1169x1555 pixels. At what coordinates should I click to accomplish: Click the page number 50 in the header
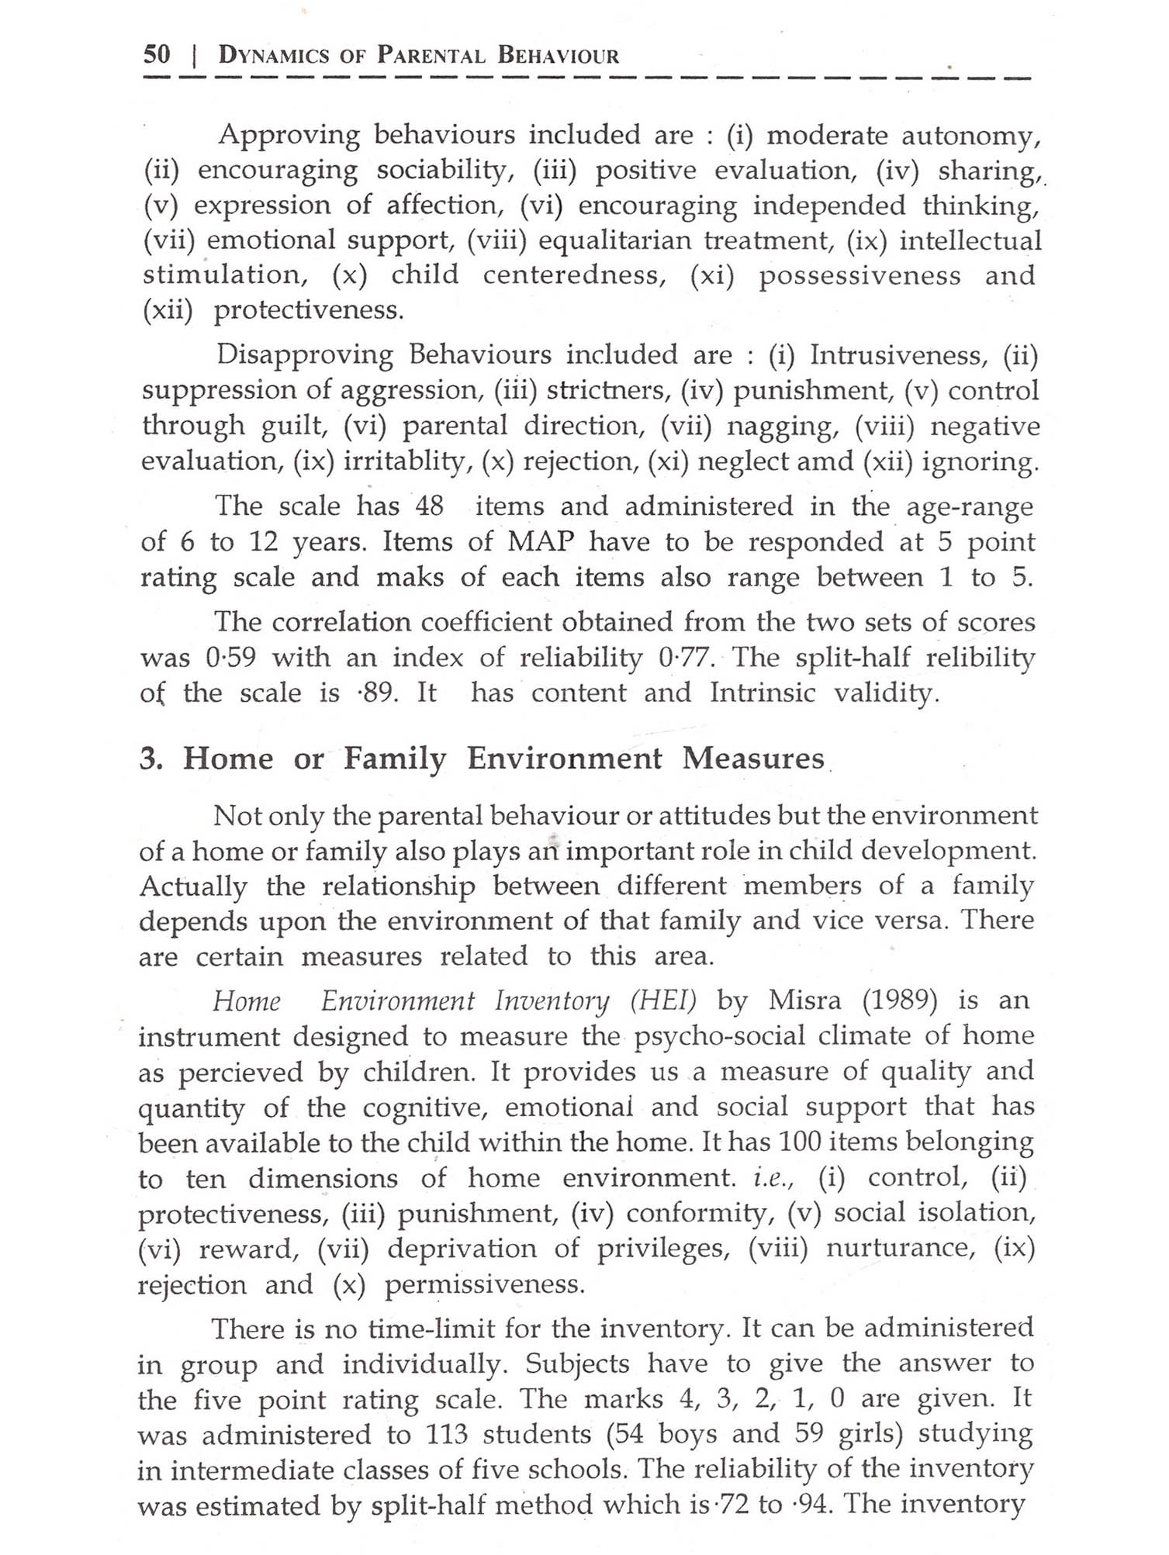pos(157,54)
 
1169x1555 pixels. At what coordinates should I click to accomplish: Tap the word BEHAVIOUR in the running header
pos(559,56)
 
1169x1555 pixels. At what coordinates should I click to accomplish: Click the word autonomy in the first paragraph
pos(970,136)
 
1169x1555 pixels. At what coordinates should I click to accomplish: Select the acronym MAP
pos(541,542)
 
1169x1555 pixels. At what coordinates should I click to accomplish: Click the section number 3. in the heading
pos(151,758)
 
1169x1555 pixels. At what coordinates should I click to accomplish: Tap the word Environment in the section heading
pos(565,758)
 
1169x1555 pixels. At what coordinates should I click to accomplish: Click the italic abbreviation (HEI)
pos(663,1001)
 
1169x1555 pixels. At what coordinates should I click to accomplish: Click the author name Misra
pos(804,1001)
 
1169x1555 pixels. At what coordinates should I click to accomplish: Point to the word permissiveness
pos(485,1285)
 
